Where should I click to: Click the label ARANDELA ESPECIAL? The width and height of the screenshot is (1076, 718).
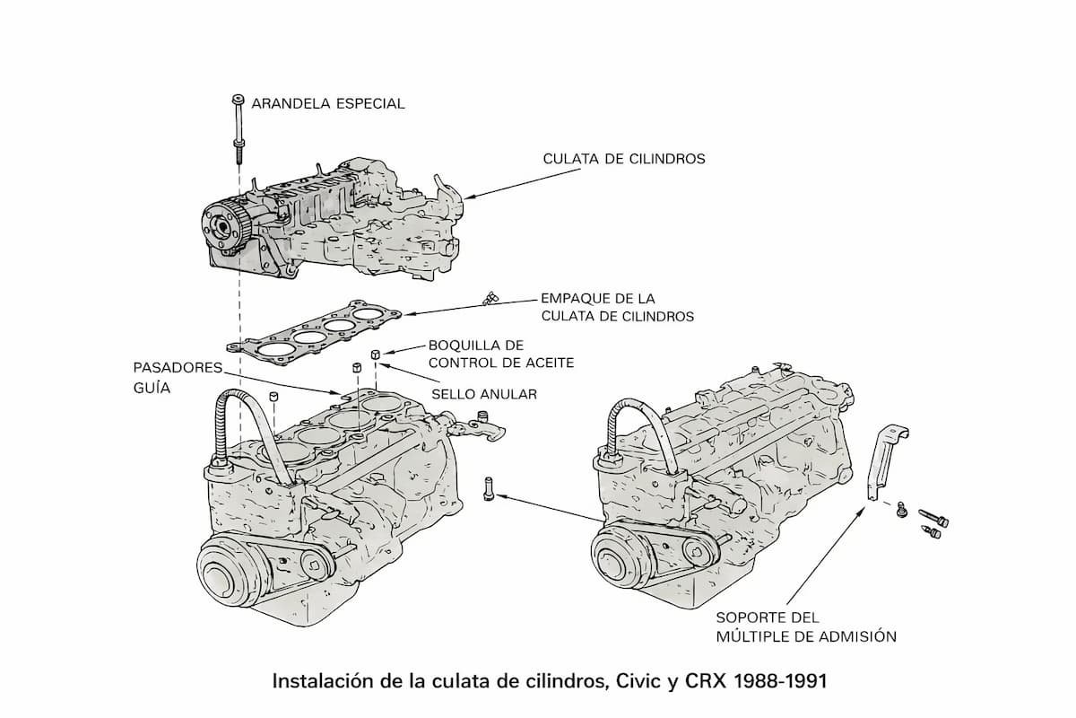click(327, 103)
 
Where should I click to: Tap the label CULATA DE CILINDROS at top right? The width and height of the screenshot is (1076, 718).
click(624, 159)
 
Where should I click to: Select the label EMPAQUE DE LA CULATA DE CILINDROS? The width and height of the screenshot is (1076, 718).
click(617, 306)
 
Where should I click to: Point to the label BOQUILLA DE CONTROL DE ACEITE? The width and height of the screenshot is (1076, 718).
click(500, 353)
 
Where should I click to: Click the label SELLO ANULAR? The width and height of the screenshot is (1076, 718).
click(484, 394)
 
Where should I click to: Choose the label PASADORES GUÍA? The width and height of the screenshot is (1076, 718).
click(165, 377)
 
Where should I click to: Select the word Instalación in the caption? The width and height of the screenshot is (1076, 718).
click(319, 681)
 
